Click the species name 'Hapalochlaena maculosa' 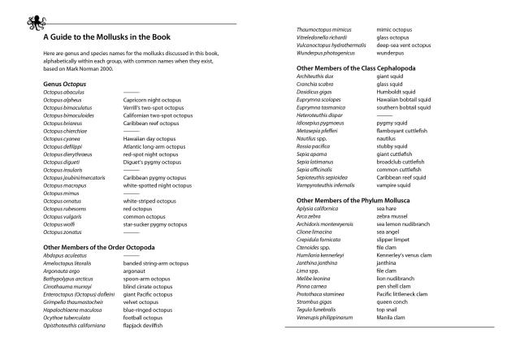click(72, 310)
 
